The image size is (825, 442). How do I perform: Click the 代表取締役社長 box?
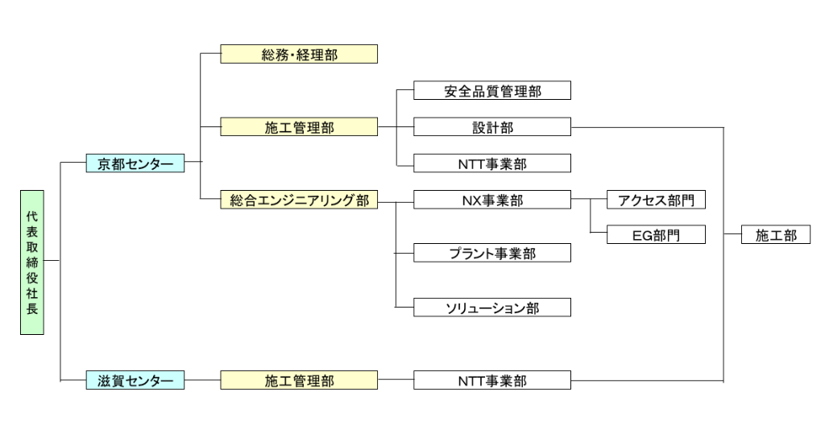coord(32,262)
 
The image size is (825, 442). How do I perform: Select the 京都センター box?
coord(135,164)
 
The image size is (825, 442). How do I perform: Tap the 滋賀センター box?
coord(135,380)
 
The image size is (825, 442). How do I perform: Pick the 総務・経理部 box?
coord(299,55)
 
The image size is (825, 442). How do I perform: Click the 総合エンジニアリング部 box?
coord(299,200)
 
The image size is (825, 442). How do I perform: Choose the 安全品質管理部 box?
coord(492,91)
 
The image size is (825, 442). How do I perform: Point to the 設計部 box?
coord(492,127)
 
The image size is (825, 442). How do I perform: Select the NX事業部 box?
coord(492,200)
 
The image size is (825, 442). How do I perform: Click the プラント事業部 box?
coord(492,254)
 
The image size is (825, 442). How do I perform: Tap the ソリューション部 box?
coord(492,308)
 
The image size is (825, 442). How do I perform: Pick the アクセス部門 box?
coord(656,200)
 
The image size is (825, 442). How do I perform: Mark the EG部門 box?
coord(656,235)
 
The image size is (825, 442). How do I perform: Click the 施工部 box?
coord(776,235)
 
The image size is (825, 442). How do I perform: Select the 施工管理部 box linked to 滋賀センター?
coord(299,380)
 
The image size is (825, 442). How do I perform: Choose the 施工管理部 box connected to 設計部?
coord(299,127)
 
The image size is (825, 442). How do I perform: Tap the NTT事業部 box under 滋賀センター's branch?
coord(492,380)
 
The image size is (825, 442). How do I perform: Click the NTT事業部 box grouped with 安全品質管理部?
coord(492,163)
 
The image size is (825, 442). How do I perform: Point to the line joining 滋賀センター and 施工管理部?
coord(202,380)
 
